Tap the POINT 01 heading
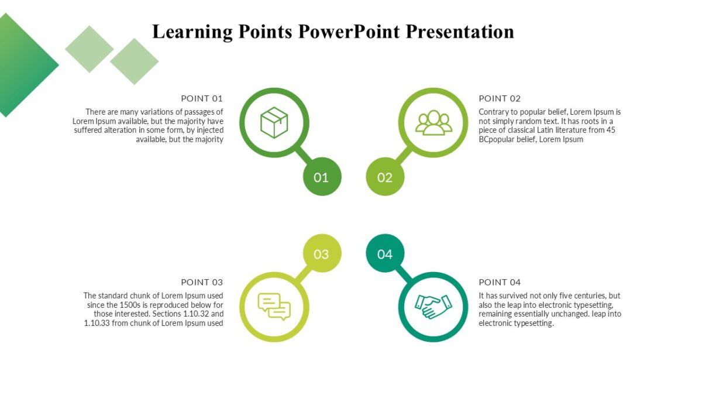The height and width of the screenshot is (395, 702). click(x=202, y=98)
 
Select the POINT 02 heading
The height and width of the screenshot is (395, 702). click(x=500, y=98)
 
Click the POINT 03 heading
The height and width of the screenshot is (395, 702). click(x=202, y=282)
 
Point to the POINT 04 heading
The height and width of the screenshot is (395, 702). click(x=500, y=282)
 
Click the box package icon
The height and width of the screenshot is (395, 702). click(x=274, y=122)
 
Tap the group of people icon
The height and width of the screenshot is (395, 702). click(x=433, y=122)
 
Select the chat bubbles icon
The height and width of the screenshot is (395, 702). click(x=274, y=306)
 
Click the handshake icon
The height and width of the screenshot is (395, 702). click(x=433, y=306)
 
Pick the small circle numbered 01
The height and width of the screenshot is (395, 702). click(x=322, y=177)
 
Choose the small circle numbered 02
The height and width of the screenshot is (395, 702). click(x=385, y=177)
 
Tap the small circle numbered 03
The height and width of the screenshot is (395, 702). click(x=322, y=253)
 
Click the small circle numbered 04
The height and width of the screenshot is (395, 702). click(x=385, y=253)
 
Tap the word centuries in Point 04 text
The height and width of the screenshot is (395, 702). click(x=589, y=296)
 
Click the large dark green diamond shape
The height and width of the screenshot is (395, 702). click(x=20, y=64)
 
